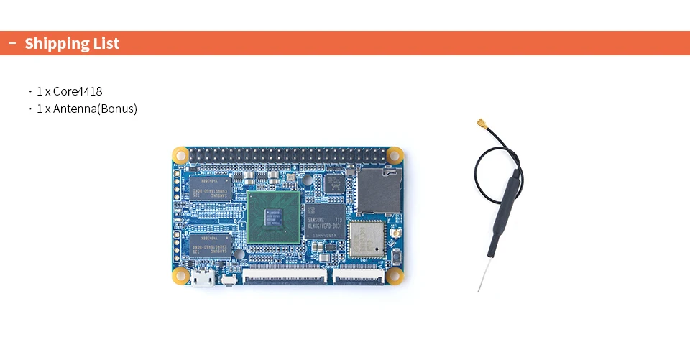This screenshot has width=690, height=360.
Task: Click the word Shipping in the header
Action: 55,44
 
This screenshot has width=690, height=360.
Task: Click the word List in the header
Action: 105,44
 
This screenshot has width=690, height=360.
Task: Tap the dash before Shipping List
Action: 12,44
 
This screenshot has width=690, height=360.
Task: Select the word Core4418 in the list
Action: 77,92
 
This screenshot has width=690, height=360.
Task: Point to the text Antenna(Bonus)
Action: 95,109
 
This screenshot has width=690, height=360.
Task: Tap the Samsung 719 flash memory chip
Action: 325,221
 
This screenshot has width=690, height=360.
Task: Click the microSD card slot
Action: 379,190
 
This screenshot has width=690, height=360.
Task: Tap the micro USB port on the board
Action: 202,279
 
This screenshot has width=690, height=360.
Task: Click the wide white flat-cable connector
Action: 283,273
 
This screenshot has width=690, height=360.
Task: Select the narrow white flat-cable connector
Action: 356,274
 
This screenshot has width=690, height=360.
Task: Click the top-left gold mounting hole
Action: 180,154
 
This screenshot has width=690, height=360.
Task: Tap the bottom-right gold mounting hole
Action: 394,276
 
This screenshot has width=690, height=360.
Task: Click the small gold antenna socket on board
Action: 395,236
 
